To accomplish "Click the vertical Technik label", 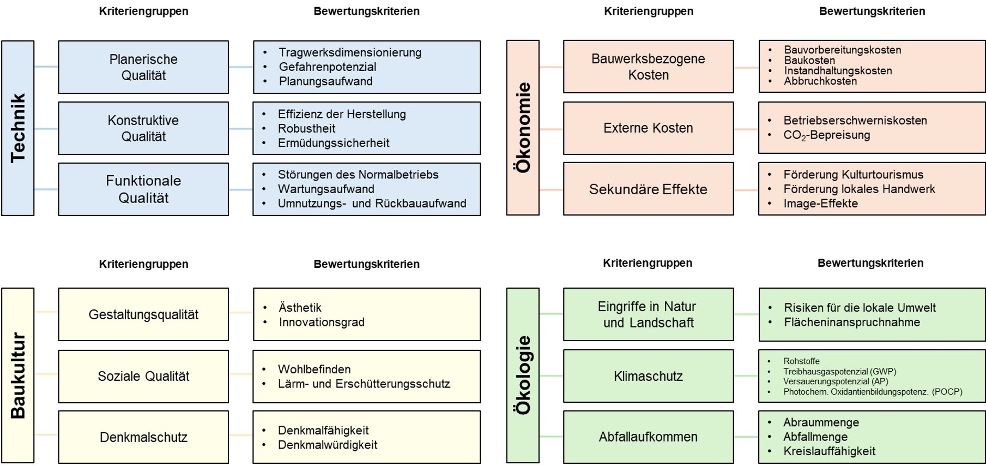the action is coord(18,128).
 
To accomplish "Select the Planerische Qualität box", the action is coord(143,67).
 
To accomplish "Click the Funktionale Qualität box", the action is coord(143,189).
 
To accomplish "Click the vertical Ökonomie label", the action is coord(523,128).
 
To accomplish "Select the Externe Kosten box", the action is coord(648,128).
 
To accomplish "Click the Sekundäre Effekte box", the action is coord(648,189).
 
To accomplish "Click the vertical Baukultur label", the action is coord(18,375).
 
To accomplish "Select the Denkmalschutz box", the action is coord(143,437).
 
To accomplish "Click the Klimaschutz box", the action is coord(648,376).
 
